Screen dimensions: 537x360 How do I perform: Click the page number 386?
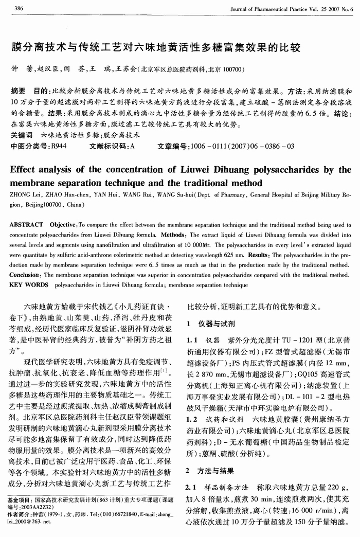click(19, 9)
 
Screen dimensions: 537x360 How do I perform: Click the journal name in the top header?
click(292, 9)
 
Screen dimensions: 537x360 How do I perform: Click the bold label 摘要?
click(18, 91)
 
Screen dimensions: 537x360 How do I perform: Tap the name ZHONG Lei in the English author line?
click(24, 196)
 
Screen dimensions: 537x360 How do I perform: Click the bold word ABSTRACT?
click(27, 225)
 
